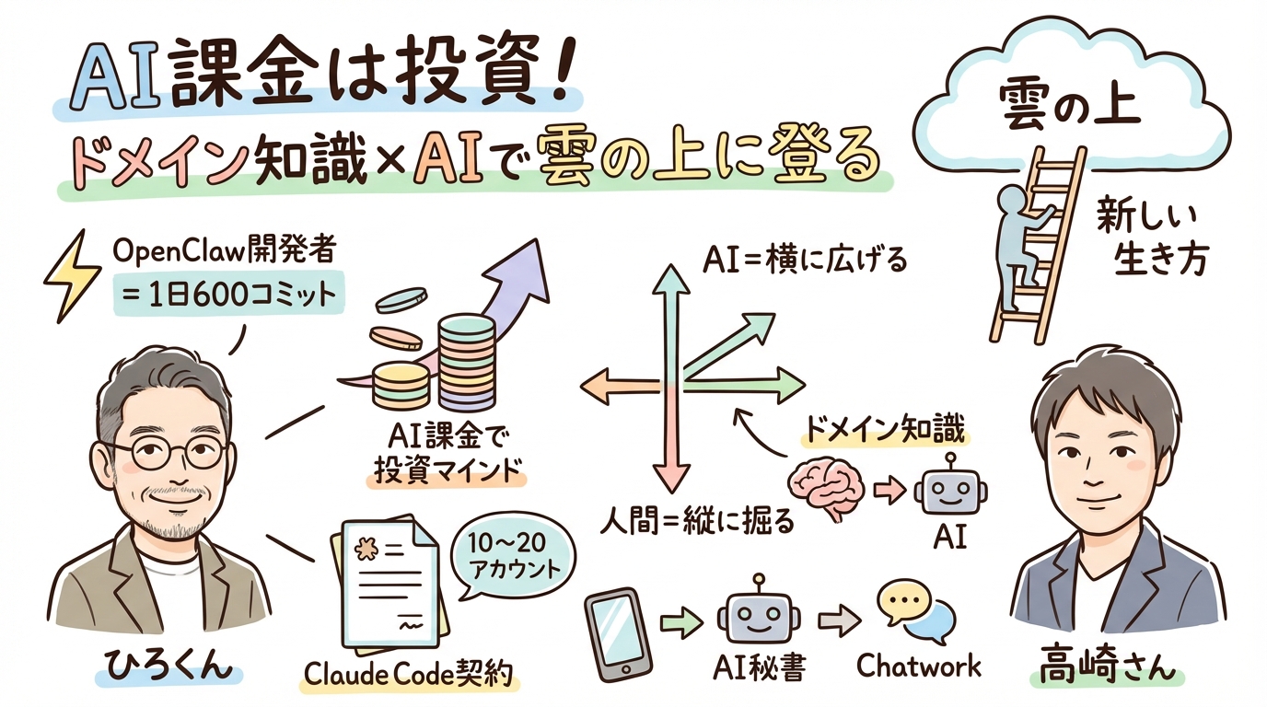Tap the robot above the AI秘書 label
[x=760, y=616]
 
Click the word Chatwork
[x=918, y=666]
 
